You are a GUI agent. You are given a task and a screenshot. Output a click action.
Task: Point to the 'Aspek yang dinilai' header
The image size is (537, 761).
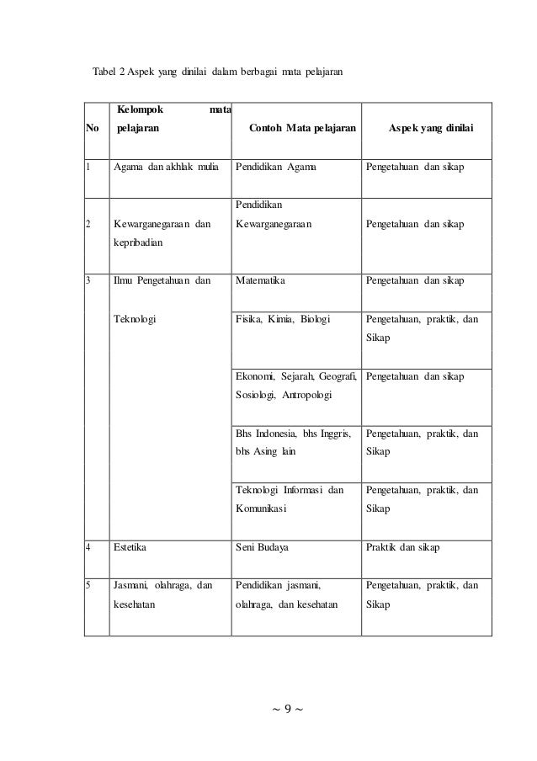pyautogui.click(x=430, y=130)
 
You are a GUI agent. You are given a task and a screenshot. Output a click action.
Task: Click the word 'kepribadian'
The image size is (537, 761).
pyautogui.click(x=140, y=241)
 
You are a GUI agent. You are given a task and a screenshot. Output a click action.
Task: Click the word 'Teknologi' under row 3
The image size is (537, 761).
pyautogui.click(x=136, y=320)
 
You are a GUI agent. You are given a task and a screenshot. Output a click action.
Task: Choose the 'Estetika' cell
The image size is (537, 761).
pyautogui.click(x=130, y=547)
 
